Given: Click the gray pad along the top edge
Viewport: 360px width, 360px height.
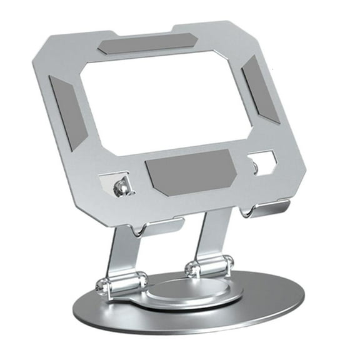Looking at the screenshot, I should [144, 44].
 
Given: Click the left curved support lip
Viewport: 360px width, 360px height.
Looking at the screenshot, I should [159, 226].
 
